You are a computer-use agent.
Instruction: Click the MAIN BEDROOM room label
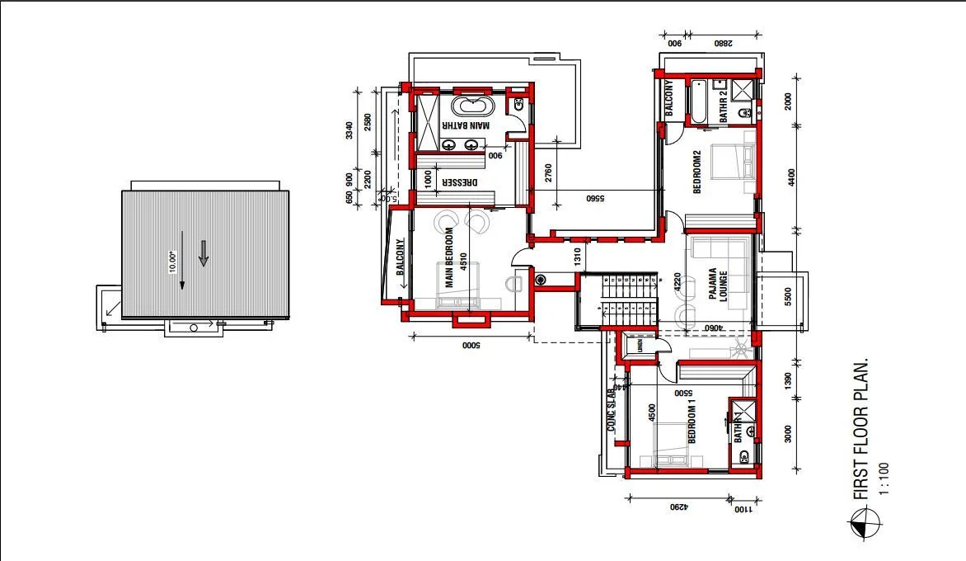pyautogui.click(x=450, y=264)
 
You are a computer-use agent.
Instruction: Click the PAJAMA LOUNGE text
pyautogui.click(x=716, y=285)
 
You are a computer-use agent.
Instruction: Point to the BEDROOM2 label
pyautogui.click(x=696, y=172)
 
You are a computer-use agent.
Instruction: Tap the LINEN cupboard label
pyautogui.click(x=639, y=346)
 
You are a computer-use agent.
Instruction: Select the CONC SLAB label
pyautogui.click(x=612, y=410)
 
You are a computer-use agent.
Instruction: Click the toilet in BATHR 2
pyautogui.click(x=744, y=113)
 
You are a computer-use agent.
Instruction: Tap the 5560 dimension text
pyautogui.click(x=595, y=198)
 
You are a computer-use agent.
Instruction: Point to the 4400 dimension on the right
pyautogui.click(x=791, y=177)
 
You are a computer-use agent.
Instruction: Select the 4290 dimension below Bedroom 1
pyautogui.click(x=678, y=507)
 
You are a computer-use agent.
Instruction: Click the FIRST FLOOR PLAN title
pyautogui.click(x=861, y=429)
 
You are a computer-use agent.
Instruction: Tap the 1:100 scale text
pyautogui.click(x=884, y=478)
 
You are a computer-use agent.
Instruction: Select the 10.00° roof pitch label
pyautogui.click(x=173, y=262)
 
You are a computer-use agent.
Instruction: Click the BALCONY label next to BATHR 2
pyautogui.click(x=669, y=97)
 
